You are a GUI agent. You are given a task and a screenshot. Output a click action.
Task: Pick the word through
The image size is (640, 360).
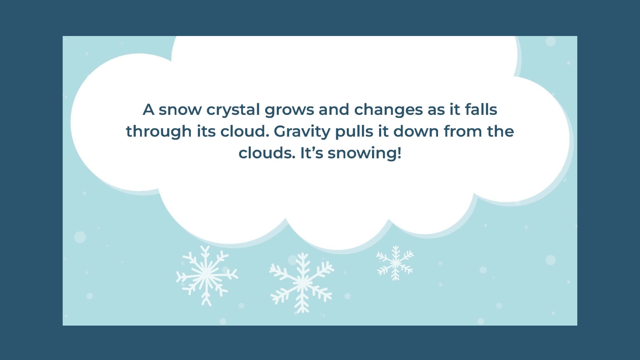click(x=159, y=132)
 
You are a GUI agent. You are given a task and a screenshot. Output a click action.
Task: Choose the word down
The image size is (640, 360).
click(x=416, y=131)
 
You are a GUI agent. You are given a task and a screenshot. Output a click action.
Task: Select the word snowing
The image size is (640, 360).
click(x=362, y=153)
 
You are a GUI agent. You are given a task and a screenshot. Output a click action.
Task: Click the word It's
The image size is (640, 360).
click(x=312, y=153)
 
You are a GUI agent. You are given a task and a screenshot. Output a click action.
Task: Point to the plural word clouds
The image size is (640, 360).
click(x=267, y=153)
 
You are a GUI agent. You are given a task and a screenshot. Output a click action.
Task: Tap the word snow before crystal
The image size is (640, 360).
click(x=180, y=110)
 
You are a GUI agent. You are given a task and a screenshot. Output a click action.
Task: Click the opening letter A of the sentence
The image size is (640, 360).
click(x=148, y=110)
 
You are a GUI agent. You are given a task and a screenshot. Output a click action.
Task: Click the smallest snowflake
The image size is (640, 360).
click(x=395, y=263)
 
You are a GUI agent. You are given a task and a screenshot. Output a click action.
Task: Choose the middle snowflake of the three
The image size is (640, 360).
click(x=302, y=282)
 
